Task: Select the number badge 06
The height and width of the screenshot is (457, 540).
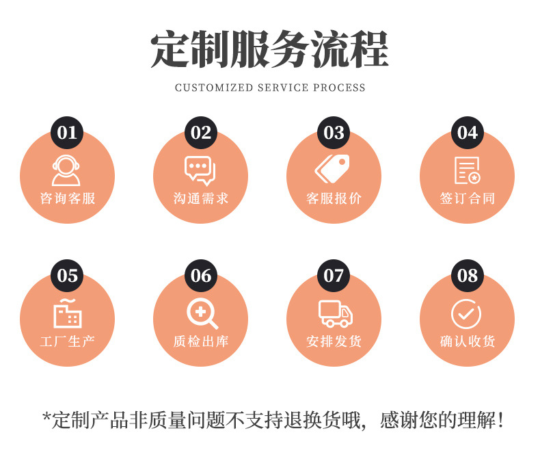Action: click(200, 276)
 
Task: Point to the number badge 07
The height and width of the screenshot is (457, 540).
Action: click(334, 276)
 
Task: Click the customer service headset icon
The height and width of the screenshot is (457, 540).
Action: click(66, 170)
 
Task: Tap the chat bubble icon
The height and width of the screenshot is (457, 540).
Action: click(200, 170)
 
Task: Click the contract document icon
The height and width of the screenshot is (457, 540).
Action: click(468, 170)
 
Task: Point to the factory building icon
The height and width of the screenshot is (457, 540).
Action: click(68, 314)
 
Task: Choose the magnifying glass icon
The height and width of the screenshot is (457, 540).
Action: click(202, 314)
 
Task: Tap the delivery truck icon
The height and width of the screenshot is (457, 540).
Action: click(335, 314)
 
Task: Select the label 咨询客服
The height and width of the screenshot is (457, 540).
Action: click(68, 199)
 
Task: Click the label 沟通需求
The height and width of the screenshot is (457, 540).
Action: click(201, 199)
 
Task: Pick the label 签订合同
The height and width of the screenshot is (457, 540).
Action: click(468, 199)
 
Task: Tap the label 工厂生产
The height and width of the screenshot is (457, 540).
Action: click(68, 341)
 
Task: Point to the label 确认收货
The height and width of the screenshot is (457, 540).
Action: click(468, 341)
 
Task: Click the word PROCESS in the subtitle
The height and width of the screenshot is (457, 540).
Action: click(340, 88)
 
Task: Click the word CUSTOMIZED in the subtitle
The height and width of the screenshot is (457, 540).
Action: click(213, 88)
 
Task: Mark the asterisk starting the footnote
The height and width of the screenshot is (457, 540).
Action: click(46, 417)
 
